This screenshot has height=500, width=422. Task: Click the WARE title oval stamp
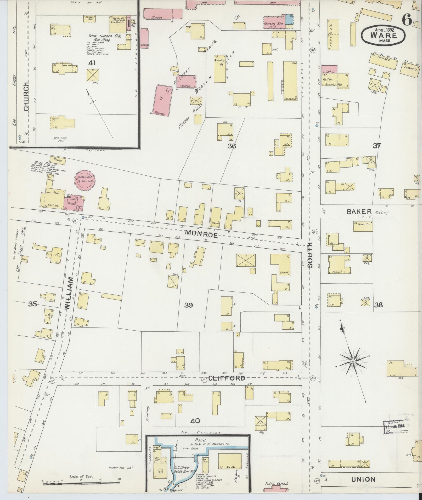click(384, 35)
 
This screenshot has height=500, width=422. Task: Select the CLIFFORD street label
click(227, 378)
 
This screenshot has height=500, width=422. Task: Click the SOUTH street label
click(310, 255)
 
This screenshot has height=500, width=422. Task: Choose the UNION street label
click(363, 479)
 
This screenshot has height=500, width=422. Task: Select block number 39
click(188, 305)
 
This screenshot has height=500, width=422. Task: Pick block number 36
click(232, 146)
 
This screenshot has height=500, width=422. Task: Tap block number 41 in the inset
click(92, 63)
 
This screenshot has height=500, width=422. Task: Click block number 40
click(195, 421)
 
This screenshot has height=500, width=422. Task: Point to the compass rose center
click(353, 361)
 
